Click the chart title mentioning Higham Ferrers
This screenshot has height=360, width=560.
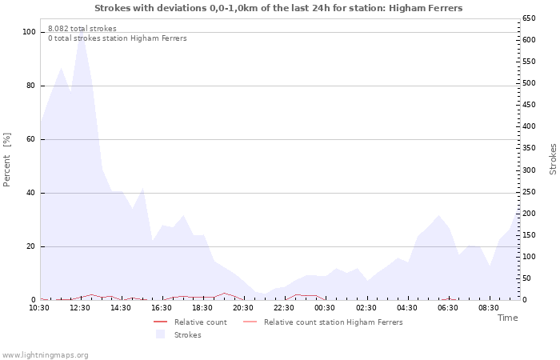[278, 8]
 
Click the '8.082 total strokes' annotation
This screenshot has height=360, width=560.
[82, 29]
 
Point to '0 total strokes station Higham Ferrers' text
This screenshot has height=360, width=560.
[118, 38]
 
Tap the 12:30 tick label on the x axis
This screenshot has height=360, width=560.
[80, 307]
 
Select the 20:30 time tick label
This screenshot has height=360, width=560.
[243, 307]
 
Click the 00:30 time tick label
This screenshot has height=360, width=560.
[325, 307]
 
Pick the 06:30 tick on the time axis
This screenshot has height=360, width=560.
[447, 307]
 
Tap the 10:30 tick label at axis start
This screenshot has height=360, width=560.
[39, 307]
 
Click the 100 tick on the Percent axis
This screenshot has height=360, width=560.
[29, 32]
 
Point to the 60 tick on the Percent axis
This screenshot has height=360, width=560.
[31, 139]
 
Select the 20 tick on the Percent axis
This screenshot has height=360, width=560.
[31, 246]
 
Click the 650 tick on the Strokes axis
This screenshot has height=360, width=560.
[529, 18]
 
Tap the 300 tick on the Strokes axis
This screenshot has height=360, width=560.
[529, 170]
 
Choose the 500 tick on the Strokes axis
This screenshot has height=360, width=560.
[529, 83]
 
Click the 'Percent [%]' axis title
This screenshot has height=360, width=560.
[7, 159]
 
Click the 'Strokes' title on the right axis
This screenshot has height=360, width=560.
[553, 159]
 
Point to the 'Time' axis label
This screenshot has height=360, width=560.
[507, 318]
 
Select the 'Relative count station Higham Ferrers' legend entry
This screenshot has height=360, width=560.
[334, 322]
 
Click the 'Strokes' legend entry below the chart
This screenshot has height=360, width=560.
[188, 335]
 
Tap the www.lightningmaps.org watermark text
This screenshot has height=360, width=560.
[45, 355]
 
